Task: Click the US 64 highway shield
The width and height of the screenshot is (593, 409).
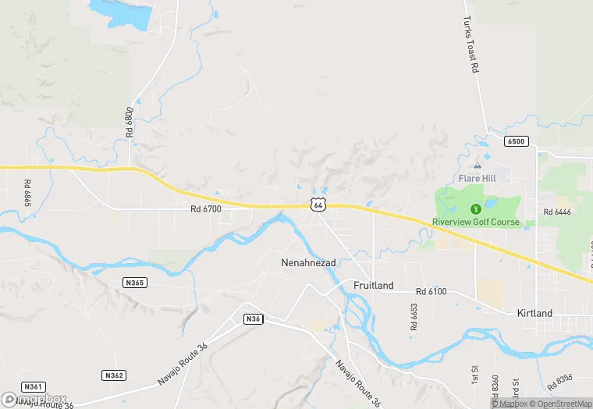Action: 317,204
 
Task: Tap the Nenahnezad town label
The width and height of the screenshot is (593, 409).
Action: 308,263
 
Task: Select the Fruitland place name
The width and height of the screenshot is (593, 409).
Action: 374,286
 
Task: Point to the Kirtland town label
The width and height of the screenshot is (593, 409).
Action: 534,313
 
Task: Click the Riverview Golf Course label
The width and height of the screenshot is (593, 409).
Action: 476,222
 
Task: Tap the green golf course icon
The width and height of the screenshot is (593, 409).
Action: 476,208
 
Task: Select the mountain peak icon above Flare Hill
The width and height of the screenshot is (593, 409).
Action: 476,166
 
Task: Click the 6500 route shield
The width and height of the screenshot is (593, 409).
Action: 516,141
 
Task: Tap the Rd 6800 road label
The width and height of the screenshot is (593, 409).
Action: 130,123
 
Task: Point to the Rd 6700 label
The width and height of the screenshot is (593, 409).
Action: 206,209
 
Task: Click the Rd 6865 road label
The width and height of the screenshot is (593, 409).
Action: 27,193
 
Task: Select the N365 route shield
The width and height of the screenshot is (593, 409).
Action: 134,283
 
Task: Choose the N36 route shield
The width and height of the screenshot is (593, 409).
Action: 253,319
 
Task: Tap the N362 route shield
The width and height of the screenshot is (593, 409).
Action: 114,375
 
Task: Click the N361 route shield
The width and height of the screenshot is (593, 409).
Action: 33,386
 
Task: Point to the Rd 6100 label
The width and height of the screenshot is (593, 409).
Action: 431,291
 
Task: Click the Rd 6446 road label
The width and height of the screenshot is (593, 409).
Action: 558,212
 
